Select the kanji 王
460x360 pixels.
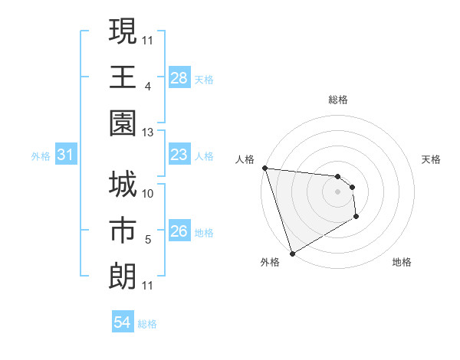click(123, 77)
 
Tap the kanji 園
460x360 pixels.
click(123, 123)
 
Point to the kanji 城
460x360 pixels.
click(123, 185)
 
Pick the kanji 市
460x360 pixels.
click(123, 231)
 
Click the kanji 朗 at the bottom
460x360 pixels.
click(123, 277)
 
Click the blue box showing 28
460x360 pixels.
click(179, 78)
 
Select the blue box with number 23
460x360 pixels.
click(179, 155)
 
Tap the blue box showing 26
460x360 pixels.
click(179, 232)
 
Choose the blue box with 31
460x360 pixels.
click(65, 155)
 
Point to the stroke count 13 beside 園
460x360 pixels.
click(148, 133)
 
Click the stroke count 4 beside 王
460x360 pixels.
click(148, 87)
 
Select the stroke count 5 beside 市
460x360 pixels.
click(148, 241)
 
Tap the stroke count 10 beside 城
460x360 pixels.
click(148, 194)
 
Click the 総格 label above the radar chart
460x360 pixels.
click(338, 100)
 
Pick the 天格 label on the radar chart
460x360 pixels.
click(432, 159)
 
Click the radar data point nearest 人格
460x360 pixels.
click(264, 168)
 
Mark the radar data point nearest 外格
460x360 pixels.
click(292, 254)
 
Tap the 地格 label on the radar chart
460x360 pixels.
click(402, 263)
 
